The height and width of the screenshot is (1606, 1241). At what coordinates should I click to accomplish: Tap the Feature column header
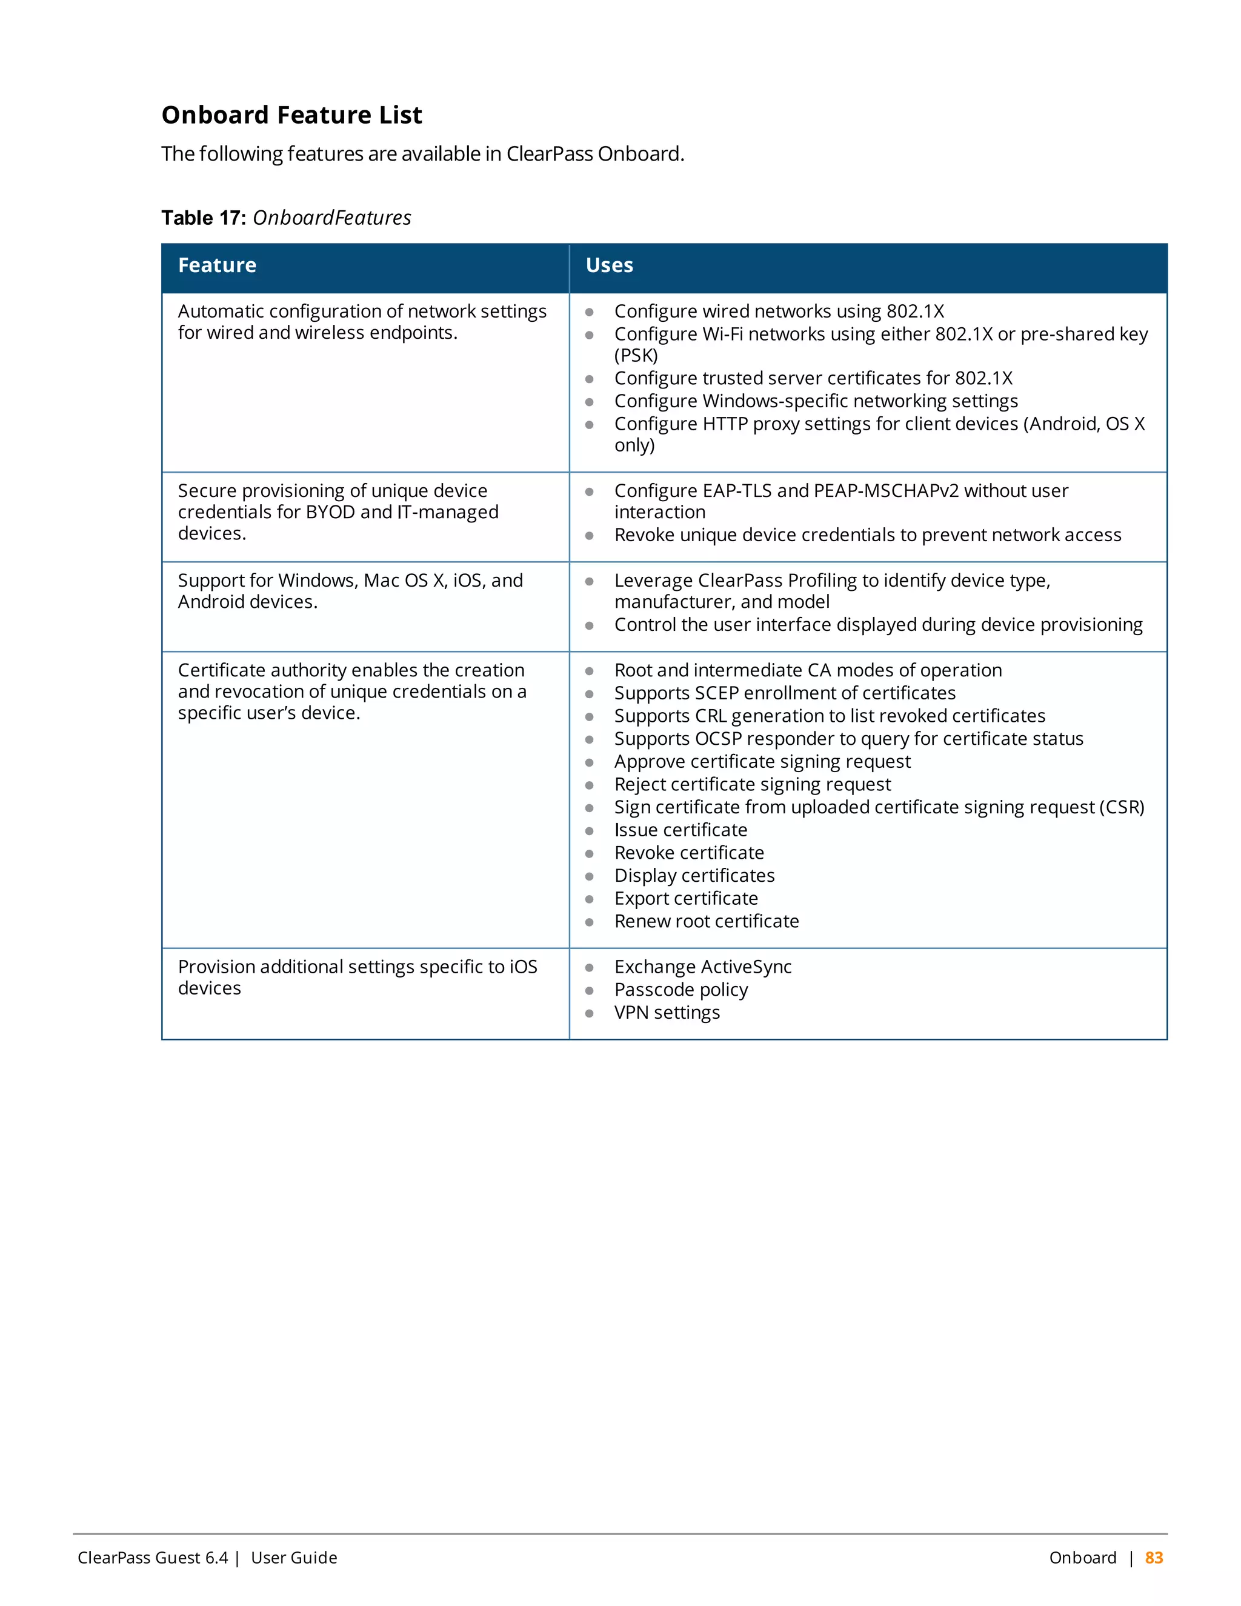(x=217, y=265)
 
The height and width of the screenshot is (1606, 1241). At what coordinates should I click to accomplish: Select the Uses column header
(x=609, y=265)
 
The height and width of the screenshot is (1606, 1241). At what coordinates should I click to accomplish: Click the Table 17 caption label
(x=204, y=218)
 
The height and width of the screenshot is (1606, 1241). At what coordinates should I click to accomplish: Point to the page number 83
(x=1154, y=1558)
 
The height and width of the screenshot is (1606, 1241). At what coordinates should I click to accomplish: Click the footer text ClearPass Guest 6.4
(x=152, y=1558)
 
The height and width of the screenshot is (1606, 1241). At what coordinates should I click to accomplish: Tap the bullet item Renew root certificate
(x=706, y=921)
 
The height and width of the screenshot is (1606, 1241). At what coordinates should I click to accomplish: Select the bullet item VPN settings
(x=666, y=1013)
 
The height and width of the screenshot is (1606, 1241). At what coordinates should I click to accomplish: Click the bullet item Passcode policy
(x=680, y=990)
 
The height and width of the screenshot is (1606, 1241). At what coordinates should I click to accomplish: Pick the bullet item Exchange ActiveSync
(x=702, y=967)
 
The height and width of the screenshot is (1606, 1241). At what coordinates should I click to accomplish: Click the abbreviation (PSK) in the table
(x=636, y=356)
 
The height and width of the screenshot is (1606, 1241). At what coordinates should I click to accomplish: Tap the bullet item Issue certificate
(x=680, y=830)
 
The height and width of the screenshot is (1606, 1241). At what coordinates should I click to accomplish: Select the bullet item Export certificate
(x=685, y=899)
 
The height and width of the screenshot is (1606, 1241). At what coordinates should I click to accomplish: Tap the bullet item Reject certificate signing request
(x=752, y=785)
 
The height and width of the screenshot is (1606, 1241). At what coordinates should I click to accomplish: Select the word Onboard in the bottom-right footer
(x=1082, y=1558)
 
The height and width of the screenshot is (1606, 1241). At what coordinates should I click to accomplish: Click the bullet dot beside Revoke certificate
(x=589, y=854)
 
